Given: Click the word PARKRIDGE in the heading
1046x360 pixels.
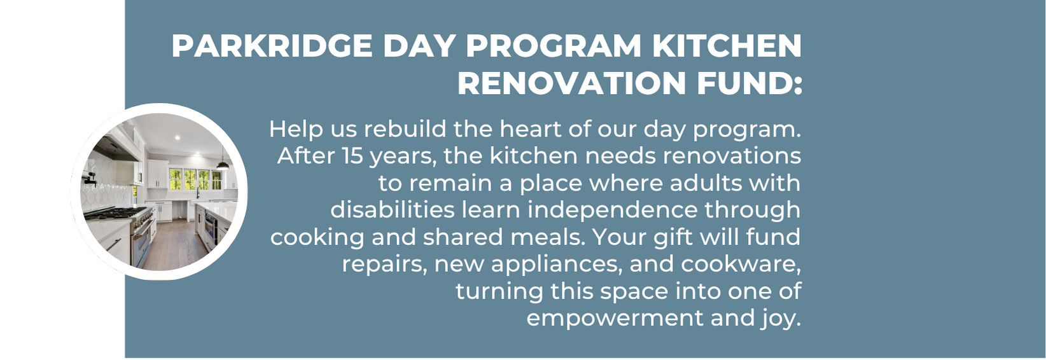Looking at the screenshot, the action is coord(272,46).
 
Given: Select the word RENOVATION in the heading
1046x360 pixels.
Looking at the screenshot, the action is coord(571,83).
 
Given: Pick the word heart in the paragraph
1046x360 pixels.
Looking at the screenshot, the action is coord(531,129).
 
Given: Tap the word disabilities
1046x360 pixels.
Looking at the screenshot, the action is coord(392,210).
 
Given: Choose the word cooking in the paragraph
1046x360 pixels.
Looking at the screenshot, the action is coord(317,237).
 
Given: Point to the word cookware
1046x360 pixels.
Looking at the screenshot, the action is coord(741,265).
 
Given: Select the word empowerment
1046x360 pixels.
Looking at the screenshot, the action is coord(615,319).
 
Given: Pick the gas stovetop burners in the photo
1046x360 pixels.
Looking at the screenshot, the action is coord(116,214).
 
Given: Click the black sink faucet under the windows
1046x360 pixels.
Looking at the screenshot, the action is coord(198,192).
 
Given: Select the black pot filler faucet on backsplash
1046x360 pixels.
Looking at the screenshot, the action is coord(88,177).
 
